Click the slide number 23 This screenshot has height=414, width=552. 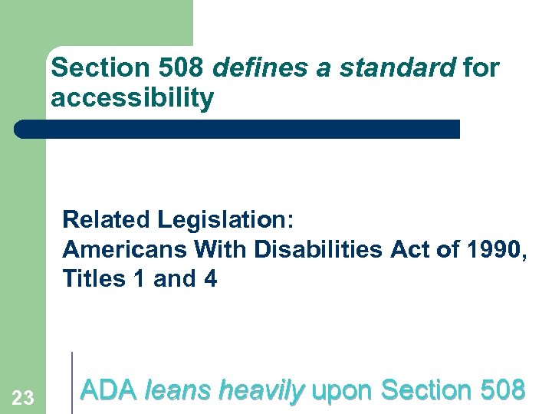tap(23, 397)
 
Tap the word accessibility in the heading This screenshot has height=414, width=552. tap(132, 98)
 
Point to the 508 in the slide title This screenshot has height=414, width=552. tap(181, 68)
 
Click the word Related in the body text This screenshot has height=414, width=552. tap(107, 219)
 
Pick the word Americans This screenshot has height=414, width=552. tap(125, 249)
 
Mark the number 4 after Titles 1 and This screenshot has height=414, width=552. tap(210, 279)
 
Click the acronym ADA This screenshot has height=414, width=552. tap(108, 391)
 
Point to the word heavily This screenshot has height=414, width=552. tap(261, 391)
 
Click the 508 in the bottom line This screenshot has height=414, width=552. tap(501, 391)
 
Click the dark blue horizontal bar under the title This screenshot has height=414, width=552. tap(238, 129)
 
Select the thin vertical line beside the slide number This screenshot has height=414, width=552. tap(72, 382)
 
